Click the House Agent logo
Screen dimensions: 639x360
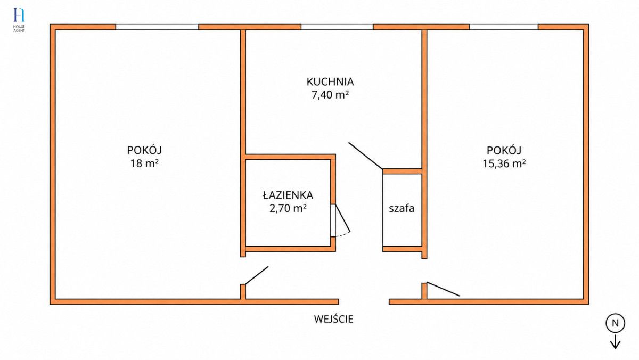[x=19, y=20]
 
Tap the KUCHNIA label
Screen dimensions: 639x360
[x=330, y=82]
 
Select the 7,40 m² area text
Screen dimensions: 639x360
[x=330, y=95]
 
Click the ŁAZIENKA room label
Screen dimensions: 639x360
[x=288, y=195]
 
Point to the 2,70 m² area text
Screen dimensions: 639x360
[x=288, y=209]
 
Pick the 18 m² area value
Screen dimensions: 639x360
[x=144, y=163]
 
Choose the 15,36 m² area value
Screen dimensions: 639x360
[x=504, y=163]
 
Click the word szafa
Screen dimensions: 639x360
[x=402, y=208]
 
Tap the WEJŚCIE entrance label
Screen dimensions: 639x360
[x=333, y=319]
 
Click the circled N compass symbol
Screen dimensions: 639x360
[x=616, y=323]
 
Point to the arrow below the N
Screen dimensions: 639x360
[x=616, y=342]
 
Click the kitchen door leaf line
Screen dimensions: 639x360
[x=365, y=156]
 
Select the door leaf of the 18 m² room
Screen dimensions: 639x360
[x=257, y=275]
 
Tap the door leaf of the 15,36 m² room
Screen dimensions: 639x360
[x=443, y=289]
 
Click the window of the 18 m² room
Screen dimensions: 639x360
[x=157, y=27]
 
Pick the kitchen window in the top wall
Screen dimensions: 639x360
[x=337, y=27]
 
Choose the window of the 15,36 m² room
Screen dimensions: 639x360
[x=504, y=27]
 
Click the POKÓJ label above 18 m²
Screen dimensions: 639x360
[x=144, y=150]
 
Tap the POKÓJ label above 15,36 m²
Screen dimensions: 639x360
[x=504, y=150]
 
